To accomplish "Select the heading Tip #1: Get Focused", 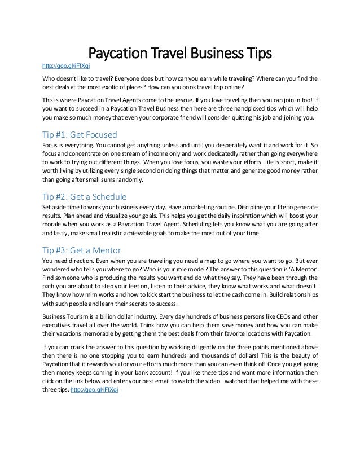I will pyautogui.click(x=80, y=136).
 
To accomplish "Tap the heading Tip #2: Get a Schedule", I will pyautogui.click(x=85, y=197).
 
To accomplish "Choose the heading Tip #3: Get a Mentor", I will pyautogui.click(x=82, y=250).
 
